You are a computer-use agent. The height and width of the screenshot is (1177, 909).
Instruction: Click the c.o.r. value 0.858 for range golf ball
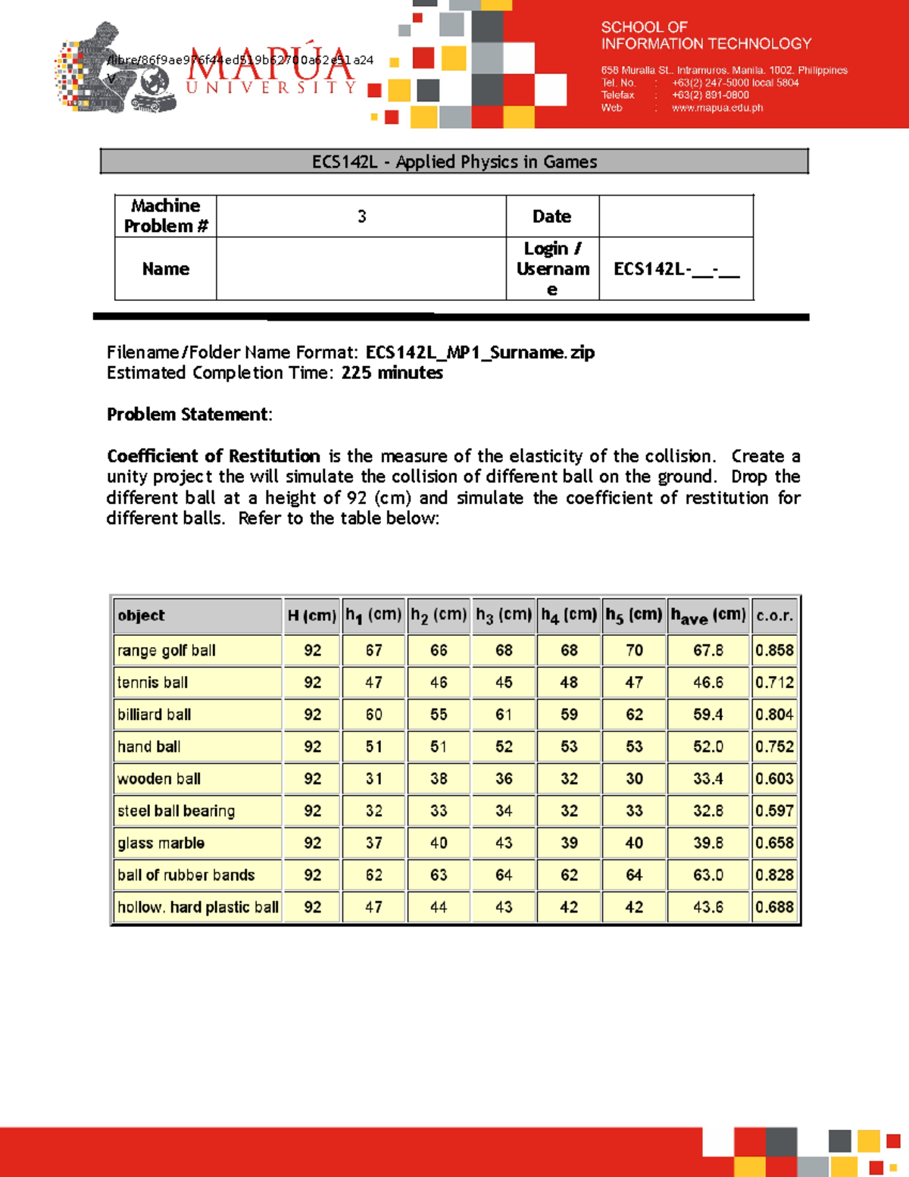coord(774,650)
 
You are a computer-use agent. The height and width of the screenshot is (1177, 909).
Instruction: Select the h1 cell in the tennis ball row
coord(373,682)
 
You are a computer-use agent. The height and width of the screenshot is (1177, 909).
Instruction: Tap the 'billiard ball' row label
coord(155,715)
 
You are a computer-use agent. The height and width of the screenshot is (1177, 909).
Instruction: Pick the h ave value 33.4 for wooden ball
coord(708,778)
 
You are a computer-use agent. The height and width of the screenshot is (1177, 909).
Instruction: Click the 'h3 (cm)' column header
coord(504,615)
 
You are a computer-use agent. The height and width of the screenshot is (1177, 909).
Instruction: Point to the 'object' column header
coord(142,615)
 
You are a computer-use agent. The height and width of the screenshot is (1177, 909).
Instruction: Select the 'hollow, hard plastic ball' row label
coord(198,907)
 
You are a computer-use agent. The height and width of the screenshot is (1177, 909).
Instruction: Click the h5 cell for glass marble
coord(634,843)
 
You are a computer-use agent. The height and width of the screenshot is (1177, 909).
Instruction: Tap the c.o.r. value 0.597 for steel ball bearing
coord(774,811)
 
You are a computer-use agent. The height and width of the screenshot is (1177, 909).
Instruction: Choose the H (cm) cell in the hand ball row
coord(312,747)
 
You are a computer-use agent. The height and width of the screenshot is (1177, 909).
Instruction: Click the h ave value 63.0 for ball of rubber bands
coord(708,875)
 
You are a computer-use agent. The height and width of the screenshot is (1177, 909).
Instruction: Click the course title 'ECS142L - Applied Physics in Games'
coord(454,161)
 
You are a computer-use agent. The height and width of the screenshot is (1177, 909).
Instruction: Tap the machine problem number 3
coord(362,217)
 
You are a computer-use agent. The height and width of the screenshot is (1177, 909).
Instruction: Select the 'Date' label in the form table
coord(551,217)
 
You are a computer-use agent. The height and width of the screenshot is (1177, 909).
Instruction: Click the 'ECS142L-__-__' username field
coord(676,269)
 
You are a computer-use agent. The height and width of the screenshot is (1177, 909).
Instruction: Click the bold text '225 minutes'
coord(392,373)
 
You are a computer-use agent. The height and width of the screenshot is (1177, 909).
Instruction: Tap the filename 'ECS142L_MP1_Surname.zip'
coord(479,352)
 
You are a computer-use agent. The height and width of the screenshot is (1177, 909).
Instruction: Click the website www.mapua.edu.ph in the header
coord(717,108)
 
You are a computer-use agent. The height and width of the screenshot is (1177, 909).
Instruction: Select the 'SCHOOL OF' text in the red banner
coord(644,27)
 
